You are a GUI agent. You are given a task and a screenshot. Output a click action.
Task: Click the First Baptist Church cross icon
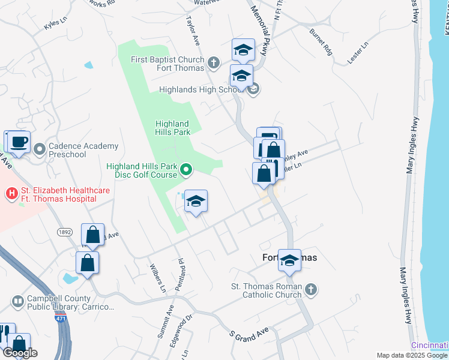[x=214, y=62]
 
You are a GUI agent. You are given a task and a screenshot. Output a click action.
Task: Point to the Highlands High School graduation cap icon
[x=253, y=89]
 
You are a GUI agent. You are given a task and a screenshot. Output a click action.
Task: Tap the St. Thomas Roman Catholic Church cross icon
[x=310, y=290]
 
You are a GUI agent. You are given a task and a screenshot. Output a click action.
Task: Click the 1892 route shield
[x=65, y=232]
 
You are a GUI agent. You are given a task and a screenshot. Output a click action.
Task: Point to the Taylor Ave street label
[x=193, y=31]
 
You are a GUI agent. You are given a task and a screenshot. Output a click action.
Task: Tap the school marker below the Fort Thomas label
[x=290, y=261]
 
